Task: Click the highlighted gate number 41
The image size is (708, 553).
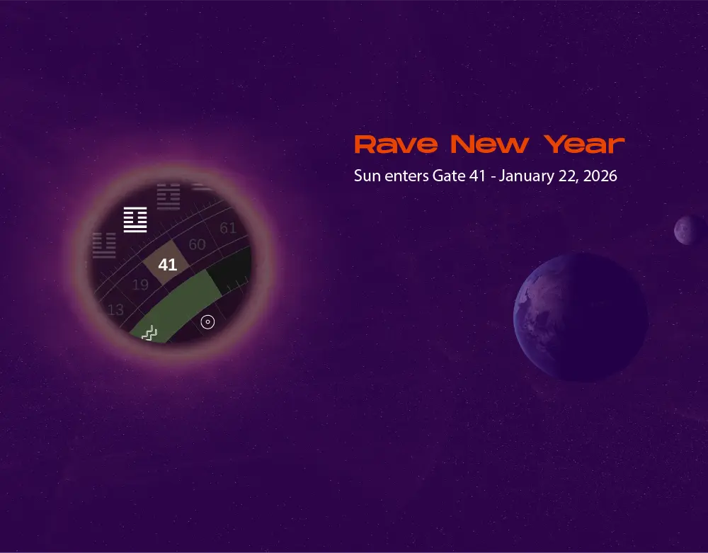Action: (x=167, y=265)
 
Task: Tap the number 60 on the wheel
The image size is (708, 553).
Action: (x=197, y=244)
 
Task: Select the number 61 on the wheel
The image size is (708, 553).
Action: (x=227, y=228)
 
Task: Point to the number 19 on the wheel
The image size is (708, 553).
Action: (x=140, y=285)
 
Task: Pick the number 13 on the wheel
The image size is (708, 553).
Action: (x=115, y=309)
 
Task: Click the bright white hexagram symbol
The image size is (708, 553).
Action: (x=135, y=220)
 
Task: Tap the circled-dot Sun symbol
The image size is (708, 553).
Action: (x=207, y=322)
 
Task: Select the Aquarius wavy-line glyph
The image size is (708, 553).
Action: (x=149, y=332)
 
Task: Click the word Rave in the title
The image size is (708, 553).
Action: (x=396, y=144)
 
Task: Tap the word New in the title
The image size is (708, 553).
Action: (x=489, y=144)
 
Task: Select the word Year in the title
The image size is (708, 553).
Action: (x=585, y=144)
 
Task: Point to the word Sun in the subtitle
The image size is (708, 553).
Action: (x=366, y=176)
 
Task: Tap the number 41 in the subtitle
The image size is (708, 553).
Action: (x=478, y=176)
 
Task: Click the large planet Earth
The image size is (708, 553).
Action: (x=581, y=317)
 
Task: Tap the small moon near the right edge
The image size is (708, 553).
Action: (x=689, y=230)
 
